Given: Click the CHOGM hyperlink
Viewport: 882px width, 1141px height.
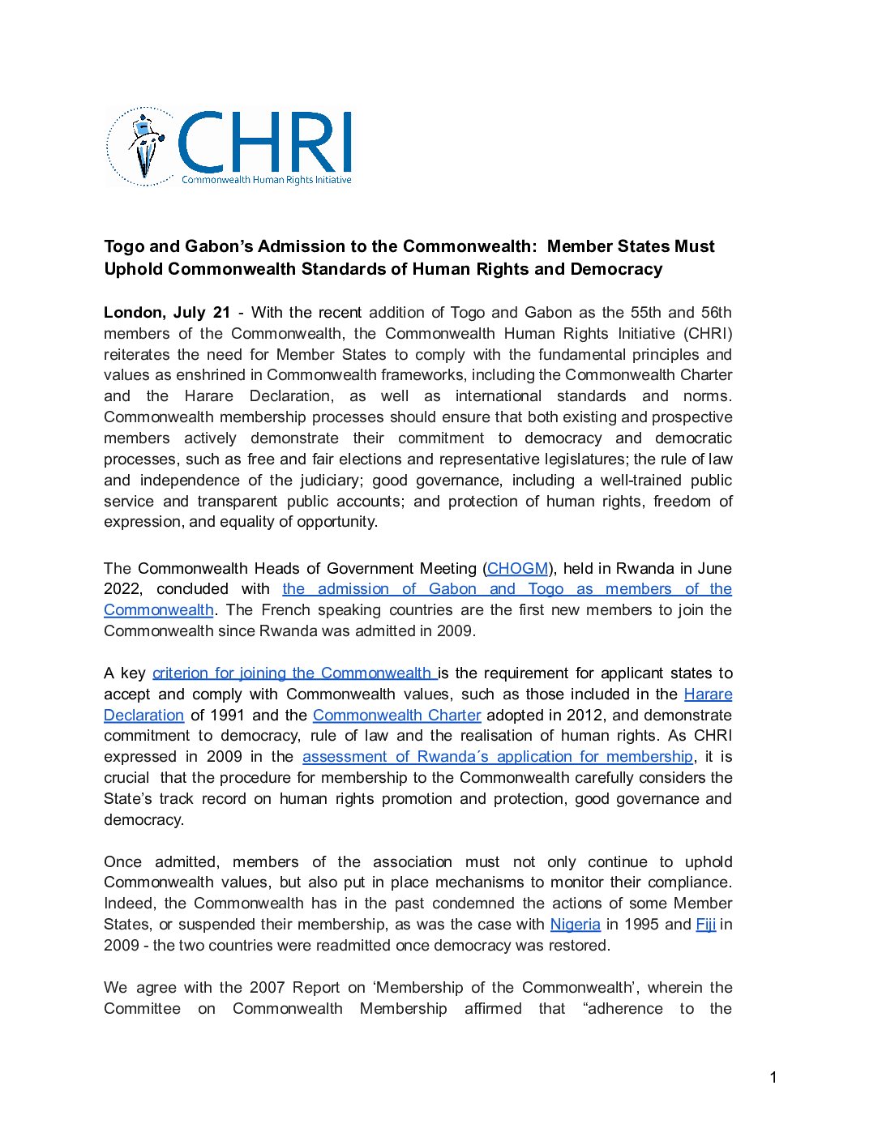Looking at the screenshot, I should pyautogui.click(x=517, y=569).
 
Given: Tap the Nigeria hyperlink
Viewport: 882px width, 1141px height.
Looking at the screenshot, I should pyautogui.click(x=575, y=925).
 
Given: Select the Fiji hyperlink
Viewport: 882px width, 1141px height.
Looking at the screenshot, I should pyautogui.click(x=705, y=925).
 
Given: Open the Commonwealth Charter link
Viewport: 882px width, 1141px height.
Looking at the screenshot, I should pyautogui.click(x=396, y=716).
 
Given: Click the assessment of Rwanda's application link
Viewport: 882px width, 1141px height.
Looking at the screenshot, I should pyautogui.click(x=497, y=757).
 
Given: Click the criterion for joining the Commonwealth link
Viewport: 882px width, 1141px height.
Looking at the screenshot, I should pyautogui.click(x=292, y=673).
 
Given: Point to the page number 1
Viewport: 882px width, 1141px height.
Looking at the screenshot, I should pyautogui.click(x=773, y=1077).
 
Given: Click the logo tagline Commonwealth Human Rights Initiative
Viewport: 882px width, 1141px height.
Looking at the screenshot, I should pyautogui.click(x=267, y=180).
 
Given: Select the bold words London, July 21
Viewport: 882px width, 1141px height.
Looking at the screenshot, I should pyautogui.click(x=167, y=313).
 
